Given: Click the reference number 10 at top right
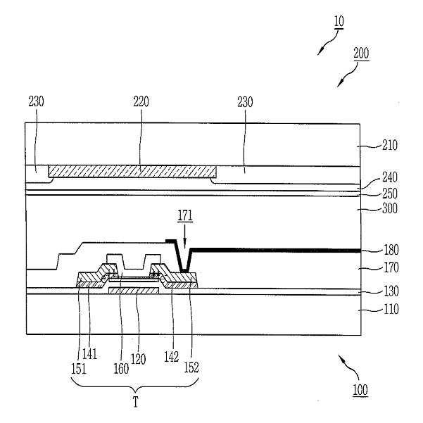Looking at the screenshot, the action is point(339,22).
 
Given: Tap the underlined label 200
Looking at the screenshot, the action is point(361,53).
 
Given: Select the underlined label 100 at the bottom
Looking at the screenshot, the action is point(360,390).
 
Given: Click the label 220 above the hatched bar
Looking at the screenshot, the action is point(141,102).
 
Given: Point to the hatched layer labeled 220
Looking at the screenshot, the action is point(132,172).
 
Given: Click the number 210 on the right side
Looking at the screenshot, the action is point(390,145).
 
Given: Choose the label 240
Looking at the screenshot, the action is point(390,177).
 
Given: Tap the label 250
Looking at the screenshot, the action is point(390,193).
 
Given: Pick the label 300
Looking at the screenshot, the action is point(390,208).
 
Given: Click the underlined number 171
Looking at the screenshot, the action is point(185,215).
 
